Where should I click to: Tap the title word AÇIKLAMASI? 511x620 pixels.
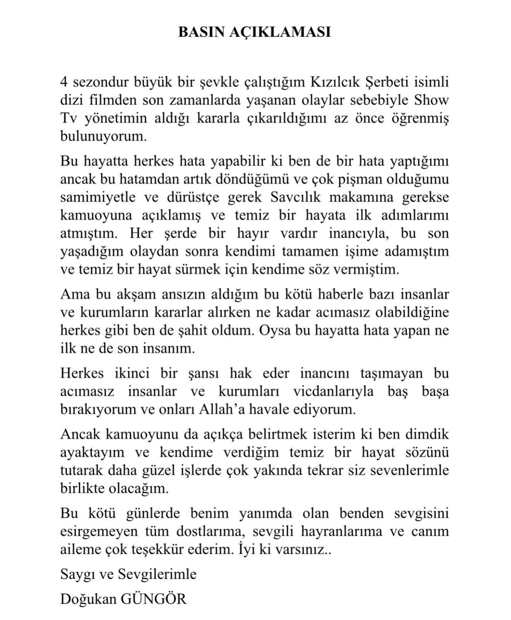point(279,32)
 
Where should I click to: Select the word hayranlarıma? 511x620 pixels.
point(320,532)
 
